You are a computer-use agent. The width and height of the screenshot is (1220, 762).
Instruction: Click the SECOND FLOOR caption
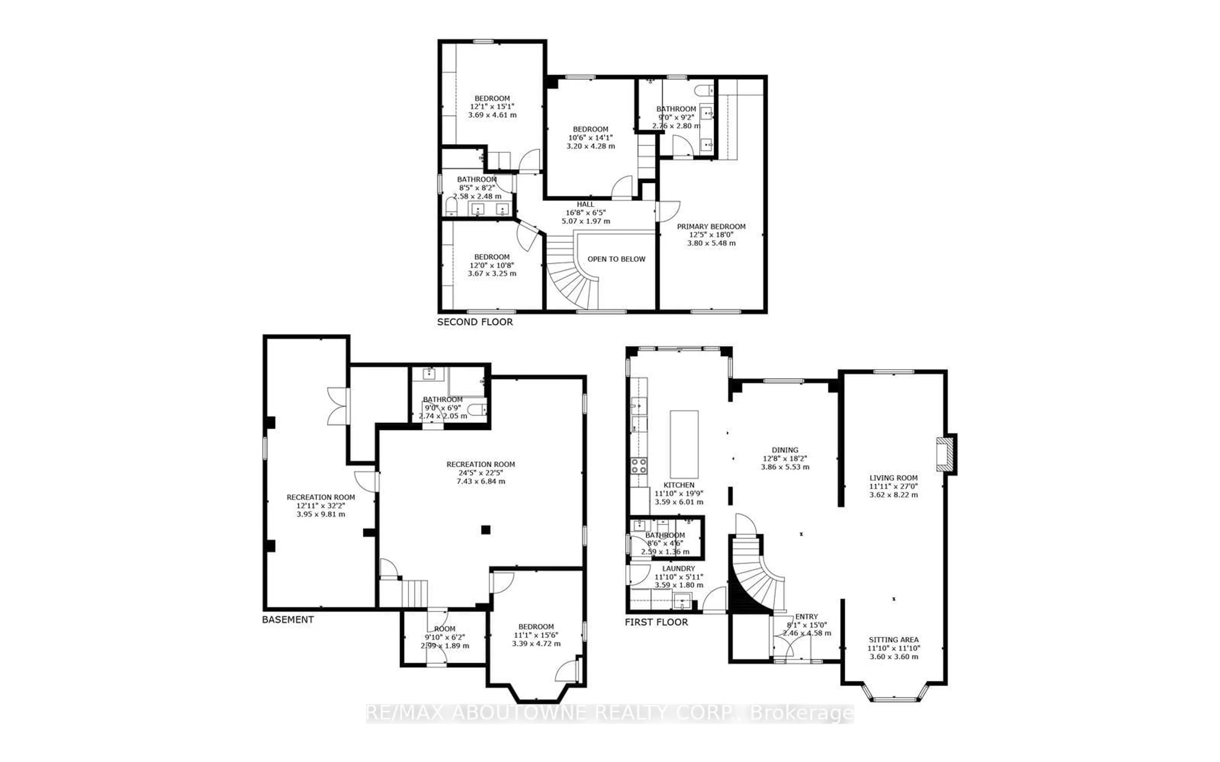coord(475,322)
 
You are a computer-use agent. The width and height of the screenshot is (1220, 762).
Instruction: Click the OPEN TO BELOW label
coord(616,259)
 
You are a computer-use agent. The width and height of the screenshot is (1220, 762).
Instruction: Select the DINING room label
coord(785,450)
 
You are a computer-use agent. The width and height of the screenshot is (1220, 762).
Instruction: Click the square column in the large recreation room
coord(485,529)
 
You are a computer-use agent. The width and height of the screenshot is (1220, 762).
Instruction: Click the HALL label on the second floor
coord(585,204)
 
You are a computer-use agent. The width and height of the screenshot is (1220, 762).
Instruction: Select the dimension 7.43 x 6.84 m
coord(481,481)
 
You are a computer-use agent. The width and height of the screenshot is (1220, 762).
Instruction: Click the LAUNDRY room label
coord(679,568)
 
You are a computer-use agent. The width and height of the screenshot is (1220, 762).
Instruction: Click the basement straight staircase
coord(414,594)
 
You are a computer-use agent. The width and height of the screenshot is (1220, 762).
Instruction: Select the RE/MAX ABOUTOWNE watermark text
coord(609,713)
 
